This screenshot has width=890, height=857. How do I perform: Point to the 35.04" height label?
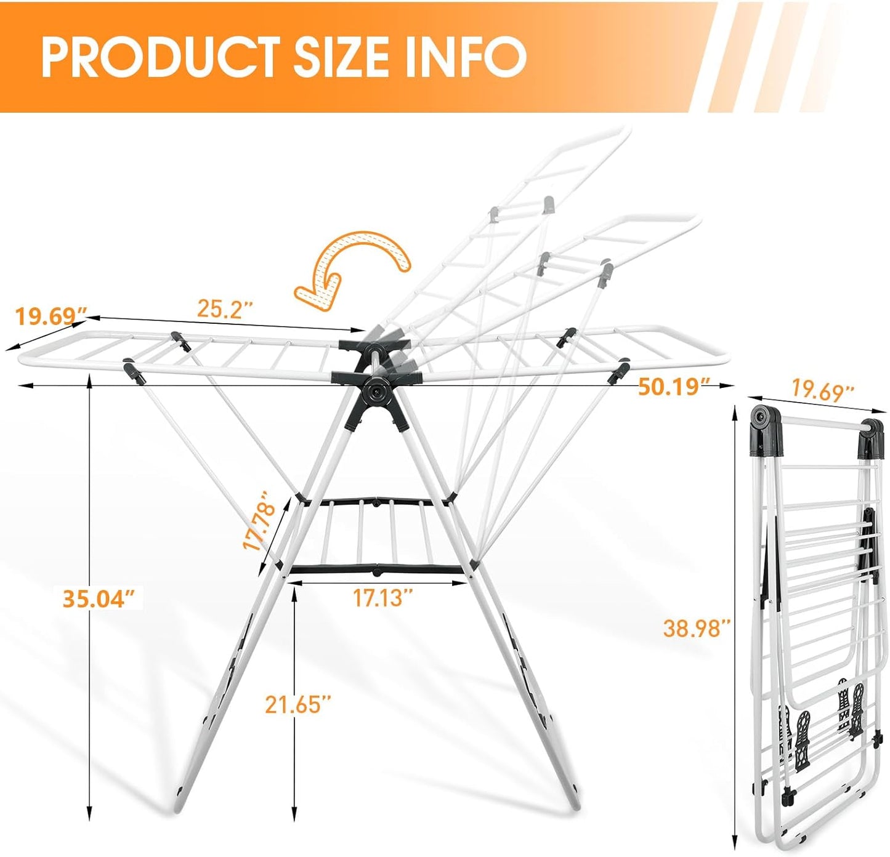(99, 598)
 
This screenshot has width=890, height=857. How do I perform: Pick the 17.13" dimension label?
(382, 597)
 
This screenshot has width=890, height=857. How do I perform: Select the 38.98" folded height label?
(697, 628)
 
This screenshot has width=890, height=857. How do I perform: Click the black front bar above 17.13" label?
(376, 569)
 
